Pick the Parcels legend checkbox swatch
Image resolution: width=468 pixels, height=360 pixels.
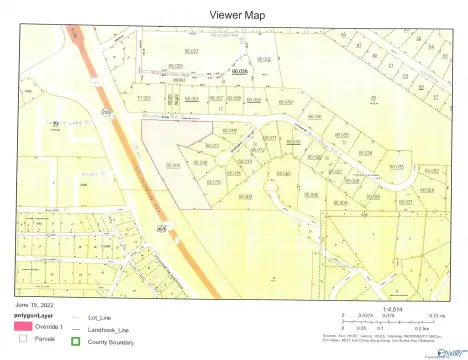(23, 339)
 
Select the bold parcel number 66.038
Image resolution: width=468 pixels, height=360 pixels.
(239, 71)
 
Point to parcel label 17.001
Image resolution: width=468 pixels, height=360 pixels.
(144, 98)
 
